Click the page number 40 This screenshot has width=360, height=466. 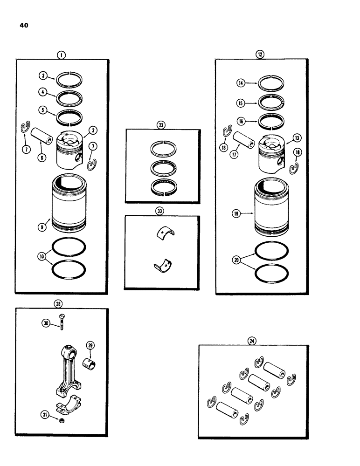click(24, 26)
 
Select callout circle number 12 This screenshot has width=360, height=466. click(260, 55)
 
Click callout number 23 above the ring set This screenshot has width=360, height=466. click(161, 125)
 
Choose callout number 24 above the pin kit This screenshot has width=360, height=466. click(253, 341)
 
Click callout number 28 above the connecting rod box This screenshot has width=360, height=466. click(60, 303)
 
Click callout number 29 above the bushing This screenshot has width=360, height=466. click(90, 345)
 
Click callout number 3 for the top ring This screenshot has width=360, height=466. click(42, 75)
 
